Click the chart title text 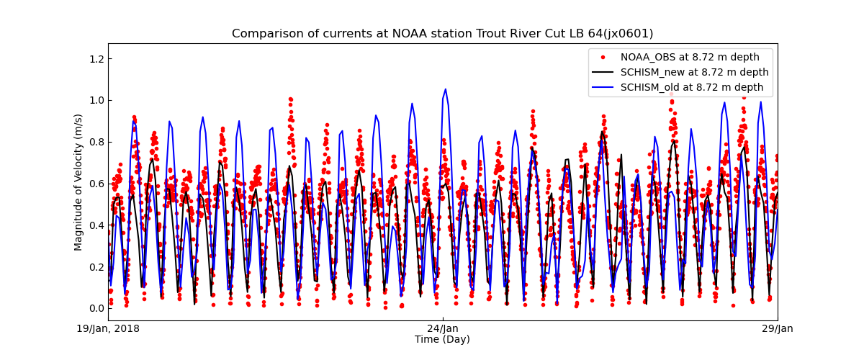pos(442,34)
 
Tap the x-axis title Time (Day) pos(442,340)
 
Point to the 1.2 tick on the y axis pos(96,58)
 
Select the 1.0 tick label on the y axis pos(96,100)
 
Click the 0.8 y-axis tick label pos(96,142)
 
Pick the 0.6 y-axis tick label pos(96,184)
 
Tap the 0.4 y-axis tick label pos(96,225)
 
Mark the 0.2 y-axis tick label pos(96,267)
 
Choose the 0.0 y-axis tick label pos(96,308)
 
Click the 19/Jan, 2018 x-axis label pos(109,329)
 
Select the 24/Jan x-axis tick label pos(443,329)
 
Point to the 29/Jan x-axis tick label pos(777,329)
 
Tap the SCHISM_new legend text pos(694,73)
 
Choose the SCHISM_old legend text pos(692,88)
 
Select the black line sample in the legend pos(602,73)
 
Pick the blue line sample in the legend pos(602,88)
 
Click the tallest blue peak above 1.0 pos(446,89)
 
